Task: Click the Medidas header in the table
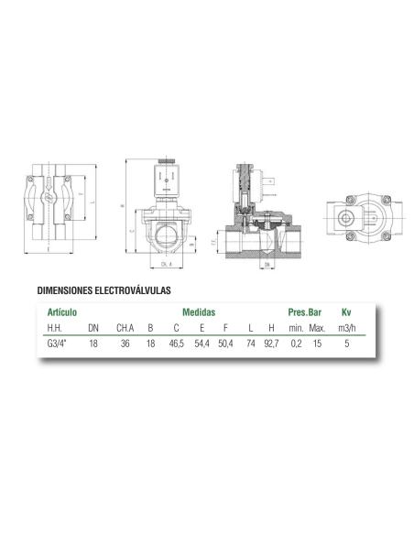click(198, 312)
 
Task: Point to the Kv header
click(345, 312)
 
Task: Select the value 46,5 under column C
click(176, 344)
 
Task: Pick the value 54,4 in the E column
click(202, 344)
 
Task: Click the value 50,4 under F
click(227, 344)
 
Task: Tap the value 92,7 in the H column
click(270, 344)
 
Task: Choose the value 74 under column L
click(250, 344)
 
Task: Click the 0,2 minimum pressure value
click(295, 344)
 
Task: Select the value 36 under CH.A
click(124, 344)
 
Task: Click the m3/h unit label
click(345, 328)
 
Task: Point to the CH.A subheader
click(125, 328)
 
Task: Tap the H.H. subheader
click(56, 328)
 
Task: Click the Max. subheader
click(318, 328)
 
